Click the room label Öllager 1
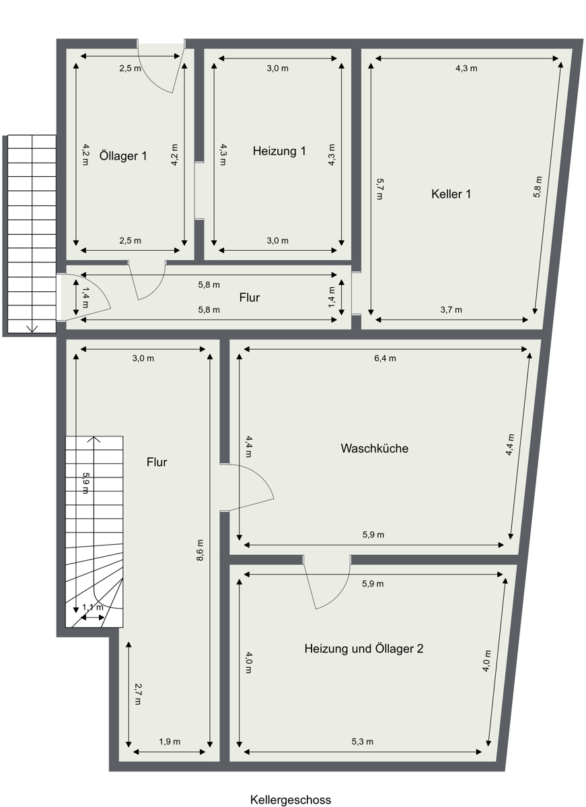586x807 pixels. point(123,156)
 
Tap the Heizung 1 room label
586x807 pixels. point(279,151)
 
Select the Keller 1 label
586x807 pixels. point(451,194)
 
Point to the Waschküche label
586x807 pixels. point(375,449)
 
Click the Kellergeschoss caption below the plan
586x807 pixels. point(291,800)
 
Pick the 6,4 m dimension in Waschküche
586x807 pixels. point(386,358)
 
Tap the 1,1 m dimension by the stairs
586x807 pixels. point(92,607)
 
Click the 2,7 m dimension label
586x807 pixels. point(137,694)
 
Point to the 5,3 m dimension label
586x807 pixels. point(362,742)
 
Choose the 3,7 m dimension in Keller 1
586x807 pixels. point(451,310)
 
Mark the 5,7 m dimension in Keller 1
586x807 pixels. point(379,189)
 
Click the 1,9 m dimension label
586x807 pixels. point(170,742)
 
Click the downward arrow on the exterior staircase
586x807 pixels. point(32,328)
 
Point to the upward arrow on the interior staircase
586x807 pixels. point(94,440)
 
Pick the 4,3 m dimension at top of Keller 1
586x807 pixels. point(466,69)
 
